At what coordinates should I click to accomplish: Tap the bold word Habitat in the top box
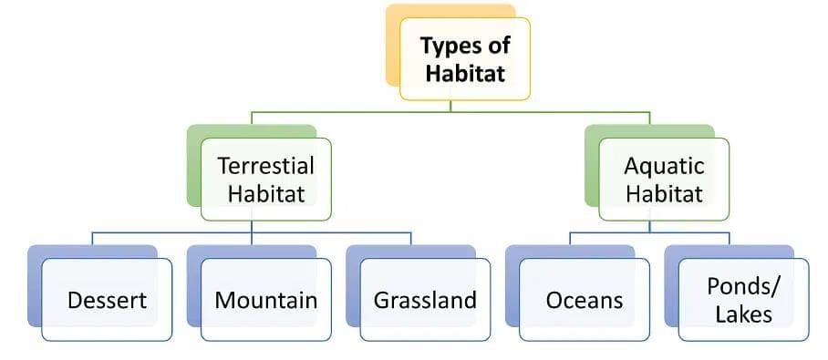465,74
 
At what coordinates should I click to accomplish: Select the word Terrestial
265,166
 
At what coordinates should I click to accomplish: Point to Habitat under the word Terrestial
266,194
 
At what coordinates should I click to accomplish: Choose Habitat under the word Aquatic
664,194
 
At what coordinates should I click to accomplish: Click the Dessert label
108,301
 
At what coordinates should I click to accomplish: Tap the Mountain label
265,301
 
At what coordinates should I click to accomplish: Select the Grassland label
425,301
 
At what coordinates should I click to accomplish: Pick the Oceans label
585,301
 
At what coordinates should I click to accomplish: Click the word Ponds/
742,286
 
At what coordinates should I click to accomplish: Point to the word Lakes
743,314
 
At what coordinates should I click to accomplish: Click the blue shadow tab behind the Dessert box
35,285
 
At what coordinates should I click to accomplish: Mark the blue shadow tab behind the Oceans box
512,285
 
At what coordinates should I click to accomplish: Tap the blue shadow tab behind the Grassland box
353,285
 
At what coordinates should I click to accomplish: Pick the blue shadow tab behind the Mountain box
194,285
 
